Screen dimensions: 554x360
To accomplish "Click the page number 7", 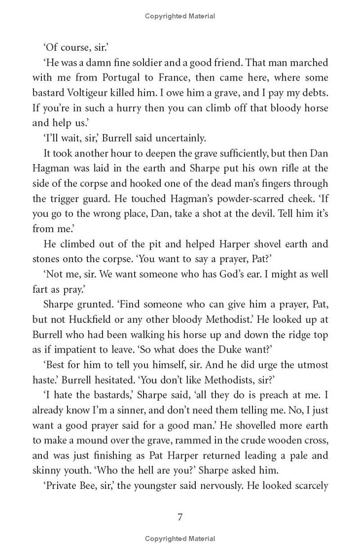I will pyautogui.click(x=180, y=517).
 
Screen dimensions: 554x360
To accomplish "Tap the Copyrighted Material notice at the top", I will pyautogui.click(x=180, y=16).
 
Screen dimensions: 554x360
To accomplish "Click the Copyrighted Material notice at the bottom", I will pyautogui.click(x=180, y=538).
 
